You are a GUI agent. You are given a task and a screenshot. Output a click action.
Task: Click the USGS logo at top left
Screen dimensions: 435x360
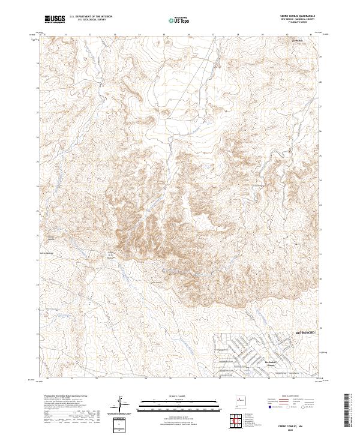(x=54, y=19)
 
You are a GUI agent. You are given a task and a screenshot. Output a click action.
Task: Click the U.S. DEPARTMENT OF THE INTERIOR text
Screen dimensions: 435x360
(x=91, y=17)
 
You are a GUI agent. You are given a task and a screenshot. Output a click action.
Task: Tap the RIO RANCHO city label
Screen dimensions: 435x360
(x=305, y=331)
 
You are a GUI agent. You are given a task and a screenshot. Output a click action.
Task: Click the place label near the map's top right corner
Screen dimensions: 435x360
(x=298, y=41)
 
